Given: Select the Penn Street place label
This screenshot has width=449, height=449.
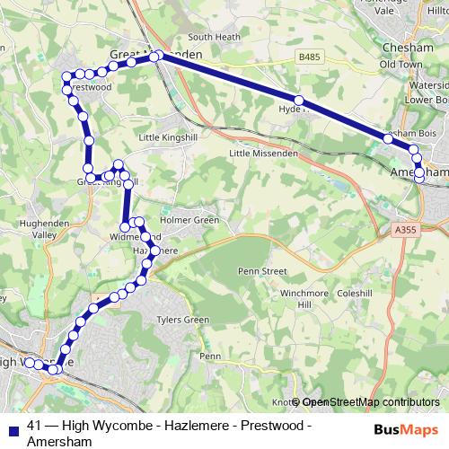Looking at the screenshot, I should pyautogui.click(x=261, y=270).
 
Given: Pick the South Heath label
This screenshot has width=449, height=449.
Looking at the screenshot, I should pyautogui.click(x=213, y=37).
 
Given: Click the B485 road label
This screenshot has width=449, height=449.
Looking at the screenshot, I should pyautogui.click(x=310, y=57).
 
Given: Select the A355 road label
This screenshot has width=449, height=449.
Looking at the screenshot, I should pyautogui.click(x=405, y=230).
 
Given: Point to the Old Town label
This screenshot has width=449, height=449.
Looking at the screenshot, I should pyautogui.click(x=401, y=65).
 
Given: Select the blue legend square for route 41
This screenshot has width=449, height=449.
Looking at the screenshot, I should pyautogui.click(x=12, y=427).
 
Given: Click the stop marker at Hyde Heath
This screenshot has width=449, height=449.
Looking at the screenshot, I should pyautogui.click(x=299, y=101).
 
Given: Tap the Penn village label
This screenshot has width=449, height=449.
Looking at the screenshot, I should pyautogui.click(x=210, y=357).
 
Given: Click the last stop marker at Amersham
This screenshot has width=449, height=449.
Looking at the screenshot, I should pyautogui.click(x=419, y=179).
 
